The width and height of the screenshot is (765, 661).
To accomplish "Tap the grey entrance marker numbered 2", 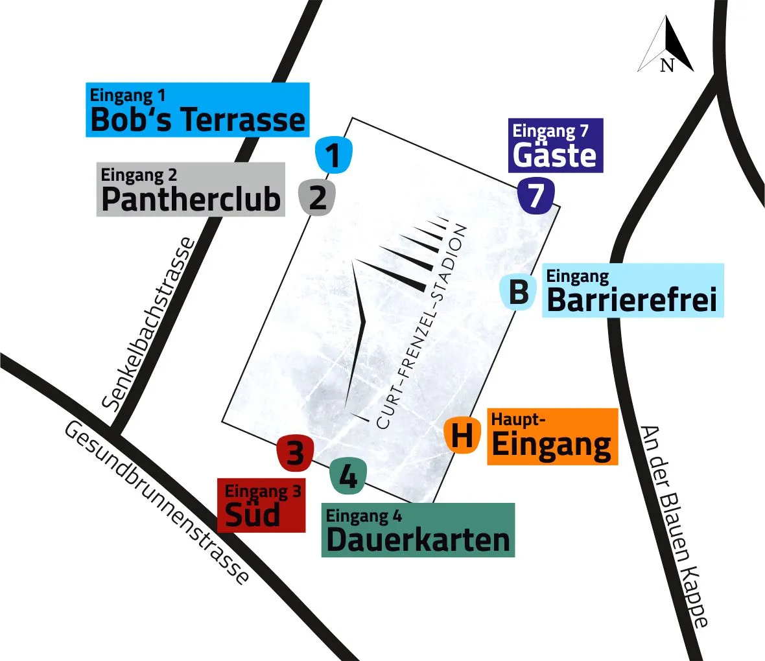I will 317,197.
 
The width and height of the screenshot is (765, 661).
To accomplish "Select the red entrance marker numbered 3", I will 295,452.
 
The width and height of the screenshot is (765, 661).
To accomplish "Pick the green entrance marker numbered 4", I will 348,476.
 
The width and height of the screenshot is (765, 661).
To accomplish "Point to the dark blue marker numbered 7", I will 536,196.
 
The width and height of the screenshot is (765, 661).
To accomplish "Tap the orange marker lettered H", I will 462,435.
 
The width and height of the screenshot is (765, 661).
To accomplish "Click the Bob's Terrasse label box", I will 198,110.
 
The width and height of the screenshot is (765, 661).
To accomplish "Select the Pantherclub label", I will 191,189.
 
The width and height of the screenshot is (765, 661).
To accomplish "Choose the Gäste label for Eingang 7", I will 556,146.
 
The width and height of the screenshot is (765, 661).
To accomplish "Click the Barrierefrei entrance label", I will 632,290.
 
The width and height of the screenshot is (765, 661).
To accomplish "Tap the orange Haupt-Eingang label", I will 552,437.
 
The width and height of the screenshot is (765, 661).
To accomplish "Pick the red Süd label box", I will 261,506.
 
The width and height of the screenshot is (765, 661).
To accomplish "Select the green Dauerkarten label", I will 418,530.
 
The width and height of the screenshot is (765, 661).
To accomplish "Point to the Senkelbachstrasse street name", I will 149,324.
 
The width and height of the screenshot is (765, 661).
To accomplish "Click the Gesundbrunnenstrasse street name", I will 156,503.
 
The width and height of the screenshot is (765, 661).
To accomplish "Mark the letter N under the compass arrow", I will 667,65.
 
